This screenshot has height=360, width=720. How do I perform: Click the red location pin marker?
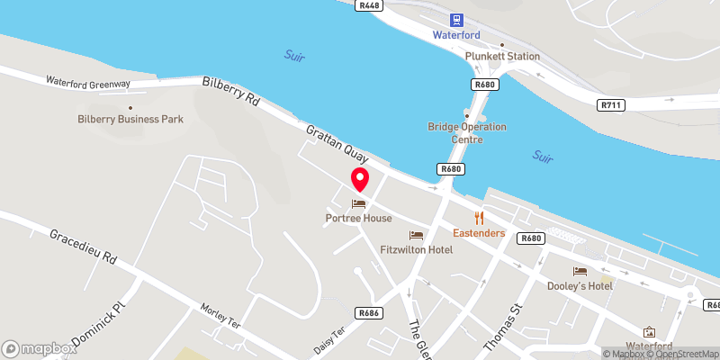(359, 179)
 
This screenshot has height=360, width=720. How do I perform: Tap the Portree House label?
(359, 219)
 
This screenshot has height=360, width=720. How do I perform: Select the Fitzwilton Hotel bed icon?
(416, 235)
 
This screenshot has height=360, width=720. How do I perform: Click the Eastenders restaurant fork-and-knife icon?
(479, 218)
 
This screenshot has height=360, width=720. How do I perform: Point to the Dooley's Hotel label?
(580, 285)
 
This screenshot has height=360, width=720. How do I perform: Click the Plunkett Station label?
(502, 56)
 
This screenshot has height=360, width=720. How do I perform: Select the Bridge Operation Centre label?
(468, 133)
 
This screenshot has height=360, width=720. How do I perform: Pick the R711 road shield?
(611, 105)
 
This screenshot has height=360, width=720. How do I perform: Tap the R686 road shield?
(367, 313)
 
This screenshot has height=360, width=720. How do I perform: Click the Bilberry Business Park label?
(131, 119)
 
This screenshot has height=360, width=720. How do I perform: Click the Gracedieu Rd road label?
(84, 246)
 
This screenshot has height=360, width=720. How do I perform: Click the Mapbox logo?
(40, 348)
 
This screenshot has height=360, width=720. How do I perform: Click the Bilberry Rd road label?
(231, 92)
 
